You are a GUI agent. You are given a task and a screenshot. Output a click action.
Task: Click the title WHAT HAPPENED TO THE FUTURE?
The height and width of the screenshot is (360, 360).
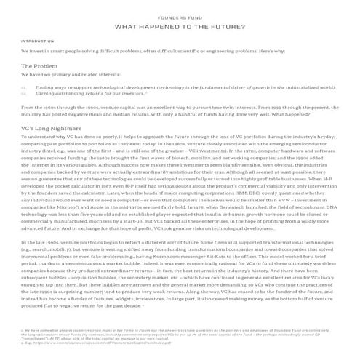(x=180, y=27)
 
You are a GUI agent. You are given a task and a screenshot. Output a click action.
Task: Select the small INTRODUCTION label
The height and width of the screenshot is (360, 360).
(x=33, y=41)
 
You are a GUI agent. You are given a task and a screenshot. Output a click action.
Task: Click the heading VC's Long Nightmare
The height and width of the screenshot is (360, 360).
(x=49, y=127)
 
